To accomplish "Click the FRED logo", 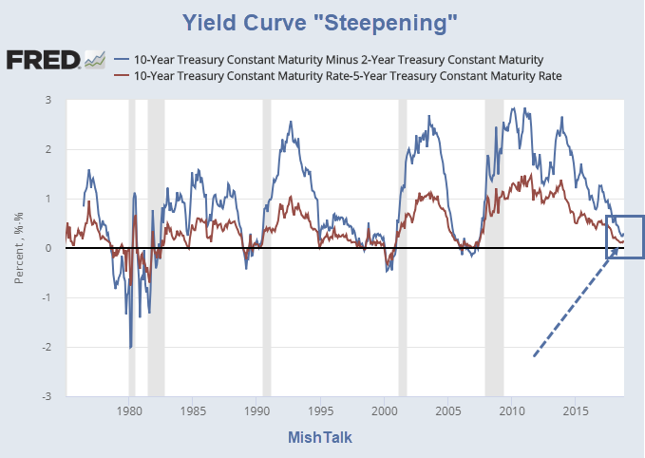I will tap(43, 61).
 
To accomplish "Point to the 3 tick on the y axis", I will tap(47, 100).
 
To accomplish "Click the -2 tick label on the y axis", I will tap(46, 347).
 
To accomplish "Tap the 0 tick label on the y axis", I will tap(47, 248).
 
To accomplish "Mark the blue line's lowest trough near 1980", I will tap(130, 347).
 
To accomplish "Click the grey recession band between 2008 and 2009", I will tap(494, 247).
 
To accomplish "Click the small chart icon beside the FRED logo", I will tap(94, 60).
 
